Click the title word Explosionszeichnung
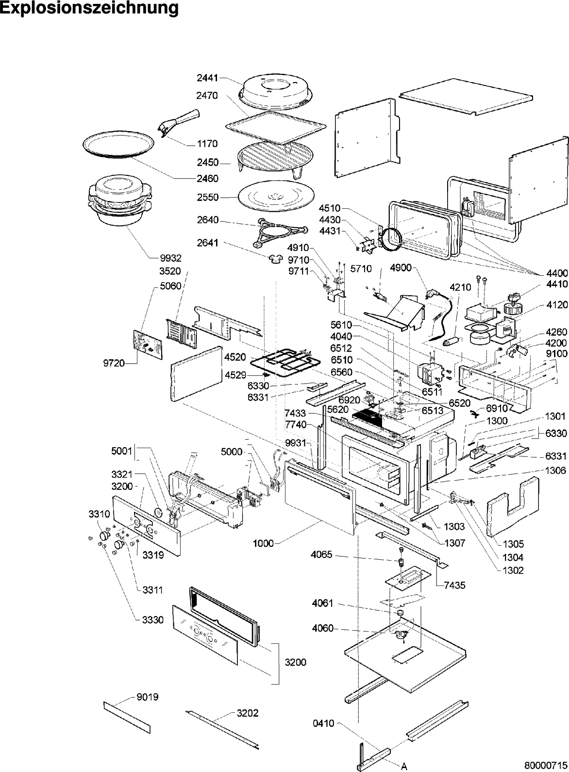tap(89, 8)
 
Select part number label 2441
tap(207, 77)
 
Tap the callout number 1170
tap(207, 144)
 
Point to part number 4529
tap(235, 374)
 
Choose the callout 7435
tap(454, 586)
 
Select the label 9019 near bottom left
tap(148, 697)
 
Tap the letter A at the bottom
tap(403, 766)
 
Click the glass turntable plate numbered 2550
tap(274, 197)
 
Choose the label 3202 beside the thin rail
tap(248, 713)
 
